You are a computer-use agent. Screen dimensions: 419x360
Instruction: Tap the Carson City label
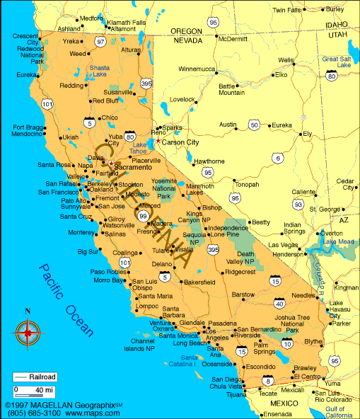tap(181, 142)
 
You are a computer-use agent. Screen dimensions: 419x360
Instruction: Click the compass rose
tap(28, 331)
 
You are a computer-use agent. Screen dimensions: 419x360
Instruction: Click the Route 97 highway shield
tap(100, 42)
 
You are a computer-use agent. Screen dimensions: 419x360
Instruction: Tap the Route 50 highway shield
tap(253, 125)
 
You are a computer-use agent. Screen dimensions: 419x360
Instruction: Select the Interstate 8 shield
tap(267, 382)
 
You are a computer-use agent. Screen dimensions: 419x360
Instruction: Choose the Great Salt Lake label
tap(336, 62)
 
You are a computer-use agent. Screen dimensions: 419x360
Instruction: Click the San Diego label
tap(223, 380)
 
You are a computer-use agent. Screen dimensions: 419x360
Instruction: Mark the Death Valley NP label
tap(245, 258)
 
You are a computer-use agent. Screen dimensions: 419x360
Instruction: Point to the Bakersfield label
tap(199, 282)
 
